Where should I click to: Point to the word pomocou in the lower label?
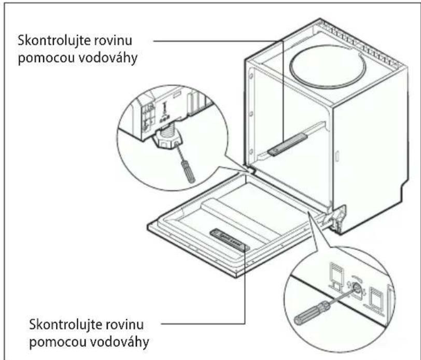coord(57,342)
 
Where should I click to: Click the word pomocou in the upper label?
coord(46,58)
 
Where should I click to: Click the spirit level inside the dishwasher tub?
coord(287,145)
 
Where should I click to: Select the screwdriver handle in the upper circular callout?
coord(187,171)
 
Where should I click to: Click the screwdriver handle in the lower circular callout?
coord(312,313)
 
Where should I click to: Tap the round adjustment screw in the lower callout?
coord(357,287)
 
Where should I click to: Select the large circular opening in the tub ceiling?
coord(326,66)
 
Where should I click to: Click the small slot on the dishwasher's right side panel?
coord(337,156)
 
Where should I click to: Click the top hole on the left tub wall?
coord(251,76)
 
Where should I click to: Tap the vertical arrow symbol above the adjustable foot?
coord(164,107)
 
